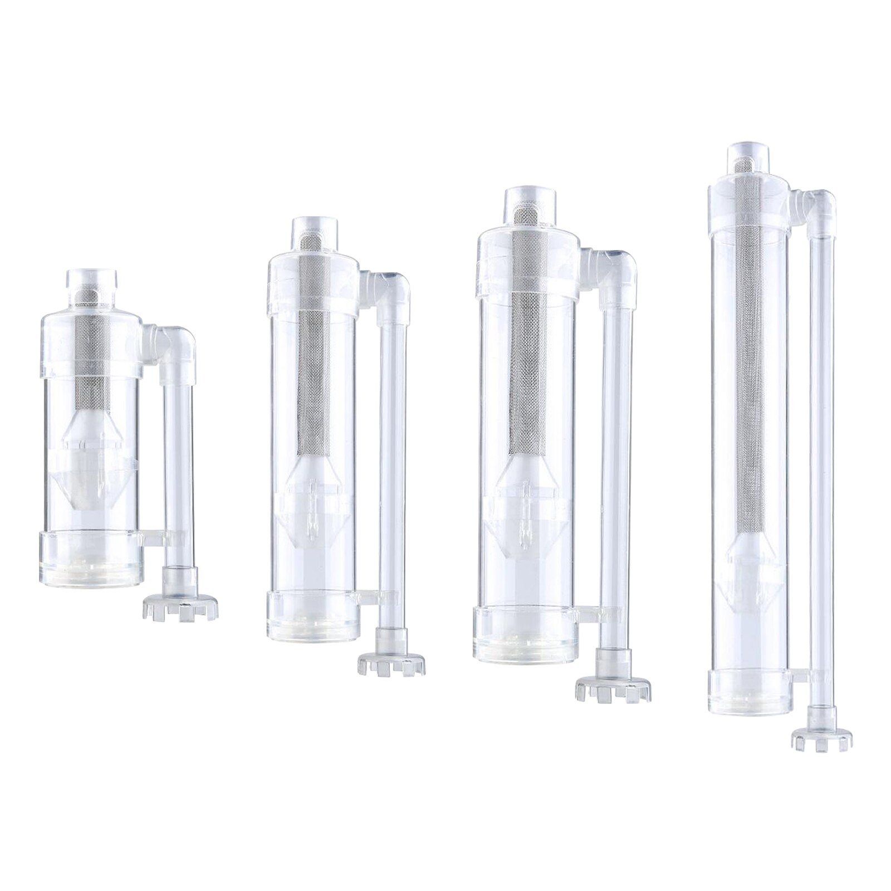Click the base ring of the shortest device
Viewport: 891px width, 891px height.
(x=92, y=557)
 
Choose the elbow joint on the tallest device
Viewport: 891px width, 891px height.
(x=818, y=209)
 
